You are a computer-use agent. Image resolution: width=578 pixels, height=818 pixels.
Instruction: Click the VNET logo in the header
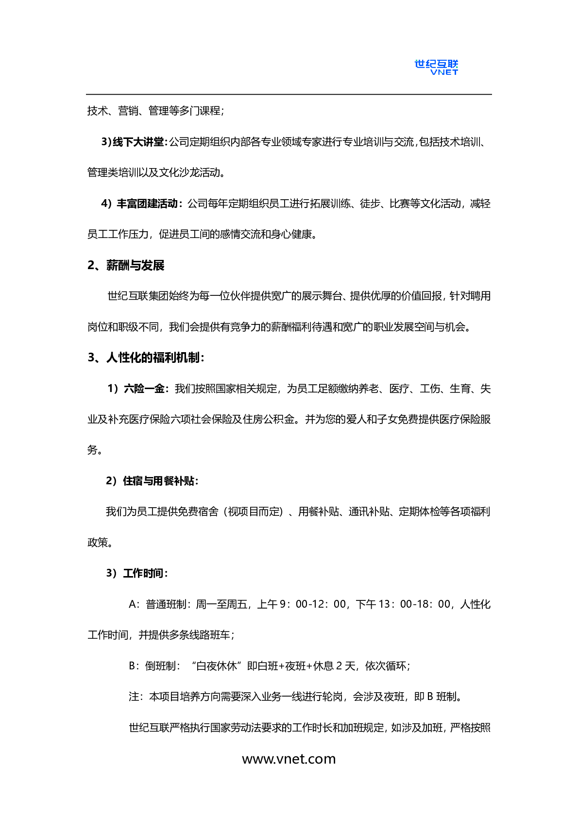coord(436,68)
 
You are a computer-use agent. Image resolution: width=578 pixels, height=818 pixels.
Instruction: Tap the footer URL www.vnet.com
coord(289,759)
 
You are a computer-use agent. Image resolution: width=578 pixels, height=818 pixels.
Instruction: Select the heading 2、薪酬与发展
coord(126,265)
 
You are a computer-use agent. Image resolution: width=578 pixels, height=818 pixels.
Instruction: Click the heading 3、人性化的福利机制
coord(146,358)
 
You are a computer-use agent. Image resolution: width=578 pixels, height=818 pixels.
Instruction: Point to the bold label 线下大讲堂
coord(138,142)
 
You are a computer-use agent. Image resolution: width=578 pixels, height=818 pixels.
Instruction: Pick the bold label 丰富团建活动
coord(147,204)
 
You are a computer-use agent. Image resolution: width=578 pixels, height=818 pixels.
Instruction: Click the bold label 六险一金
coord(144,389)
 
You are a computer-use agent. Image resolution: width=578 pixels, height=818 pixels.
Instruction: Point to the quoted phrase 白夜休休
coord(217,666)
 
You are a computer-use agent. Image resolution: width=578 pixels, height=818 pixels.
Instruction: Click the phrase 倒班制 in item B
coord(160,666)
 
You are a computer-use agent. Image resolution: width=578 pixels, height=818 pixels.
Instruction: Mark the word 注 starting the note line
coord(134,697)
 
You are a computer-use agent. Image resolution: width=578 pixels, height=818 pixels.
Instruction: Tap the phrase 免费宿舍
coord(198,511)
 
